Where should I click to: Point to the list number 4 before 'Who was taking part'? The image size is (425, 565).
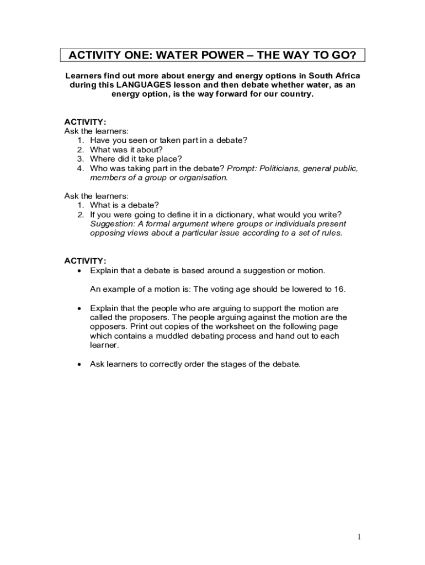point(80,168)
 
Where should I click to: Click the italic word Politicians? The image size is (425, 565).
point(273,168)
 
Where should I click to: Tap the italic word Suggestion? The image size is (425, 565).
point(110,224)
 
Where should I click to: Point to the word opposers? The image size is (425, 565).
point(108,327)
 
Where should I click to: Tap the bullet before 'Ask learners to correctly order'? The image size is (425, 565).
point(81,364)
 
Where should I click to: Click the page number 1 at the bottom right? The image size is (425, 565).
point(359,537)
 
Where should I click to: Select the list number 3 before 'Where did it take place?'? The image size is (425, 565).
point(80,159)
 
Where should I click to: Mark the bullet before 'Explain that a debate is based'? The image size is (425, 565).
point(81,270)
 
